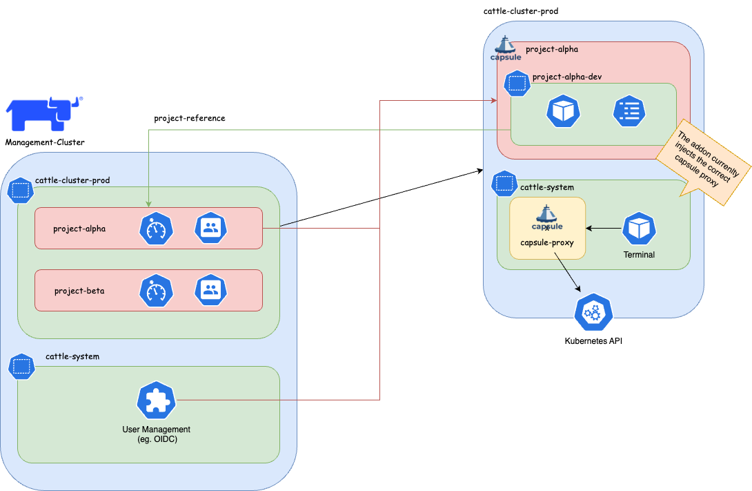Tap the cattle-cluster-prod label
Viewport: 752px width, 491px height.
coord(72,180)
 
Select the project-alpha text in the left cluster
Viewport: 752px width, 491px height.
coord(79,229)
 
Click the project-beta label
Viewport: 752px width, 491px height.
coord(79,291)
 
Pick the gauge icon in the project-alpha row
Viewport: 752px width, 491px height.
coord(156,229)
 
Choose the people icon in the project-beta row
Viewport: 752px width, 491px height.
coord(211,291)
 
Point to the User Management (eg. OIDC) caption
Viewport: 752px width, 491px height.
coord(157,434)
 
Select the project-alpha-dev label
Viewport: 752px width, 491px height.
coord(566,77)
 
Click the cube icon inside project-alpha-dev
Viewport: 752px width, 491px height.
coord(563,110)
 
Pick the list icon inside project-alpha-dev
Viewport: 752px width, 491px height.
coord(629,110)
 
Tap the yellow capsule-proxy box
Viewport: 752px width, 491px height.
coord(547,228)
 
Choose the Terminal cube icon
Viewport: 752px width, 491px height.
coord(639,229)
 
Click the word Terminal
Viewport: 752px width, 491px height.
coord(639,255)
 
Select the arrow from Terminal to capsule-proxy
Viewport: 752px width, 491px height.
coord(604,228)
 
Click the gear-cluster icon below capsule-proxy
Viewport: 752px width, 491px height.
coord(593,313)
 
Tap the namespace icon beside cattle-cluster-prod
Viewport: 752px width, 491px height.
coord(21,189)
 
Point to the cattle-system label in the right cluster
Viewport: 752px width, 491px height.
coord(546,187)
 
